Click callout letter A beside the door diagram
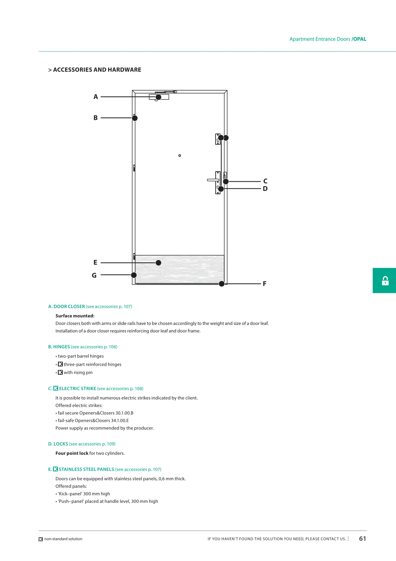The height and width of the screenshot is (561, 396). click(96, 97)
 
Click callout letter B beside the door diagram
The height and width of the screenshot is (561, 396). click(95, 118)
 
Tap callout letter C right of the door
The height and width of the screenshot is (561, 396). click(265, 181)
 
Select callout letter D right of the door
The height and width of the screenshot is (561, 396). click(265, 189)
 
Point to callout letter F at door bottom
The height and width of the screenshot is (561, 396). click(265, 284)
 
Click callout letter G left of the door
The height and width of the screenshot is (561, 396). click(94, 275)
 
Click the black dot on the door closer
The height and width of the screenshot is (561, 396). click(158, 97)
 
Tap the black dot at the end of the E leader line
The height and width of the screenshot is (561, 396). click(158, 263)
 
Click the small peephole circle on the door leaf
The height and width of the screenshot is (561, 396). click(180, 156)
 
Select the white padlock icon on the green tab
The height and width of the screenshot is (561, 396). click(385, 281)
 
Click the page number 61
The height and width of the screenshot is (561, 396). click(362, 539)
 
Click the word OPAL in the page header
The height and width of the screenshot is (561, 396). click(360, 39)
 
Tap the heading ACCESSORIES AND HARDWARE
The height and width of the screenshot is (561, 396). click(97, 70)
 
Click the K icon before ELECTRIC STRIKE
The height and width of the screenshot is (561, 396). click(56, 388)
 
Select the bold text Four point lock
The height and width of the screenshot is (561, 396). click(72, 453)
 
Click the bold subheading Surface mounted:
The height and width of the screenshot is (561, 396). click(75, 316)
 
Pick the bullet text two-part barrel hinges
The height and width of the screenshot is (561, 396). click(81, 356)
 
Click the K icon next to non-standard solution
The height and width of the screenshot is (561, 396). click(41, 539)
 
